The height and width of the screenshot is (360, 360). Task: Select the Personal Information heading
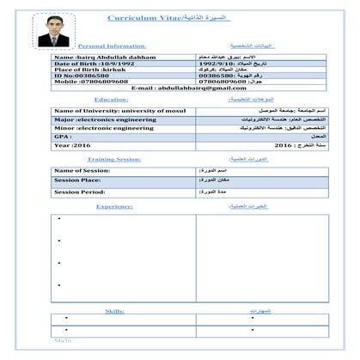tap(112, 45)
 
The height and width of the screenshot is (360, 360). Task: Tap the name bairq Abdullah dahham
tap(94, 57)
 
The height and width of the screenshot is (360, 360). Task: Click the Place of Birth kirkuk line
tap(86, 69)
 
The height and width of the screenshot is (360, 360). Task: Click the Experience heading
tap(113, 206)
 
